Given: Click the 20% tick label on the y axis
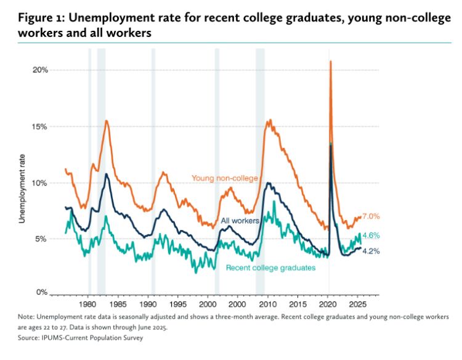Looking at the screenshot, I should pyautogui.click(x=40, y=70).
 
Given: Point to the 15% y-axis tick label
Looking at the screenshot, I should pyautogui.click(x=40, y=126).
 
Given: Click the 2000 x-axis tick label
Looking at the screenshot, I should pyautogui.click(x=208, y=305).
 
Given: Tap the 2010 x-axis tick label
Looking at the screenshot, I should pyautogui.click(x=268, y=305).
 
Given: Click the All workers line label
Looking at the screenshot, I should pyautogui.click(x=240, y=220).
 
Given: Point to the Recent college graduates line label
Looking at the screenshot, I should pyautogui.click(x=270, y=268).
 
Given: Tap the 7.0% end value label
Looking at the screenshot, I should pyautogui.click(x=371, y=216).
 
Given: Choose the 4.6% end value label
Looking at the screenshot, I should pyautogui.click(x=371, y=235).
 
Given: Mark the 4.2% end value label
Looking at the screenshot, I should pyautogui.click(x=371, y=251).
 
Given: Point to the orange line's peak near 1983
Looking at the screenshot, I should pyautogui.click(x=107, y=121).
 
